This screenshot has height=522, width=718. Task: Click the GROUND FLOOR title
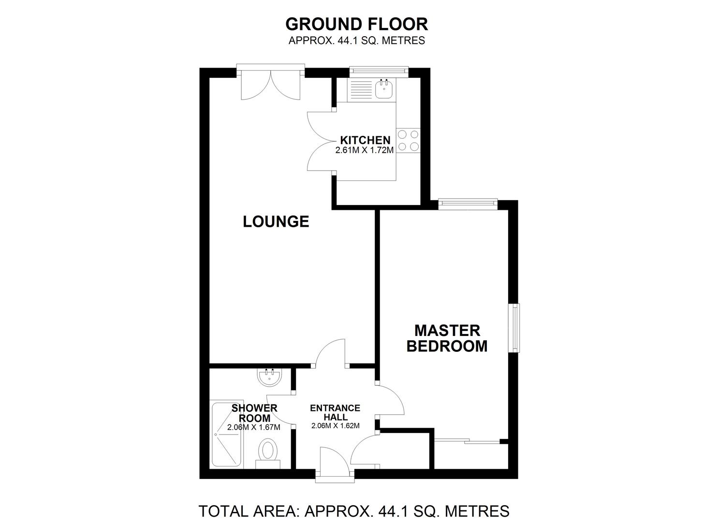[356, 24]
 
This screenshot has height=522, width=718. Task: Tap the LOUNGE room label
[276, 221]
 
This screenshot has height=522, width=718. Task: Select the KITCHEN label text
[365, 141]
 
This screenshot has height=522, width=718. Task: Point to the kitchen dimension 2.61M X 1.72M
[365, 150]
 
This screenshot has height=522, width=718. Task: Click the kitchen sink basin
[384, 89]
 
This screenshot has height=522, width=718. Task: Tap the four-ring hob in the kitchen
[408, 141]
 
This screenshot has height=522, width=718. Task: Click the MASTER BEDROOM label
[447, 338]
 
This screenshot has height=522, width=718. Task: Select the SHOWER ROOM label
[254, 413]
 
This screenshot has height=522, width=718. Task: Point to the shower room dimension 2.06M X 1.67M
[254, 427]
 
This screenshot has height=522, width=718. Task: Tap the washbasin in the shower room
[270, 377]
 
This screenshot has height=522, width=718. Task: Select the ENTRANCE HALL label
[335, 412]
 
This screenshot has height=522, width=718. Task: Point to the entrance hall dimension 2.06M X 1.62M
[335, 426]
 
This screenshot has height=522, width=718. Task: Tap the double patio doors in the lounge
[271, 85]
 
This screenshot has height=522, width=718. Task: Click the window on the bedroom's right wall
[516, 328]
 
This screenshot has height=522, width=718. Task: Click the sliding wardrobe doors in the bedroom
[467, 441]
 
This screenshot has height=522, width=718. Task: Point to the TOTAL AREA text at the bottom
[354, 510]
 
